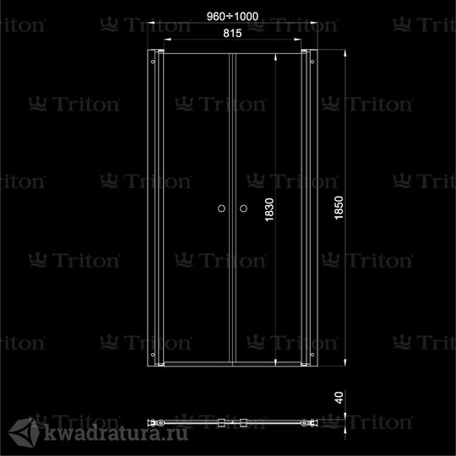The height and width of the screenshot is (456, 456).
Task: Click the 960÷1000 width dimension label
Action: pyautogui.click(x=232, y=16)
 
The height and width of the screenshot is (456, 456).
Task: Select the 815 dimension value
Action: pyautogui.click(x=232, y=34)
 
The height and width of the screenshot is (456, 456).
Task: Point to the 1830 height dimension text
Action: pyautogui.click(x=269, y=209)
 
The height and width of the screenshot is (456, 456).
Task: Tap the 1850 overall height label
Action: pyautogui.click(x=339, y=208)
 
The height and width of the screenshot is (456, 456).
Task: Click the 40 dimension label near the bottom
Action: pyautogui.click(x=339, y=398)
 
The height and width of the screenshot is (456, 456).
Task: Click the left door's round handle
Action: pyautogui.click(x=221, y=209)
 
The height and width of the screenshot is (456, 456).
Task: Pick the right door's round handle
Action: pyautogui.click(x=243, y=209)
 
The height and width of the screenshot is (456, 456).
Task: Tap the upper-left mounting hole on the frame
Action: pyautogui.click(x=153, y=62)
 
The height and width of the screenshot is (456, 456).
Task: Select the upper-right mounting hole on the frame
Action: pyautogui.click(x=312, y=62)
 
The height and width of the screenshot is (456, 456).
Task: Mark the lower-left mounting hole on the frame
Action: pyautogui.click(x=153, y=355)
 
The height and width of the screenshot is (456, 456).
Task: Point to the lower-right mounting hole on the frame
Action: pyautogui.click(x=312, y=355)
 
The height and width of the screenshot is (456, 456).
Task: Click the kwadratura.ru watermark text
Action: pyautogui.click(x=116, y=432)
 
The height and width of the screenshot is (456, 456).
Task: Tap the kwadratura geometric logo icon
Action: pyautogui.click(x=24, y=432)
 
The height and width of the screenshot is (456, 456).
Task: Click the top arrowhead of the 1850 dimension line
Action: pyautogui.click(x=345, y=53)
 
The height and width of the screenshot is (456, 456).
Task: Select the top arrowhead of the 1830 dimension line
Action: pyautogui.click(x=275, y=57)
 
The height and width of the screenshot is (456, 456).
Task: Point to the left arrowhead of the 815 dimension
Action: pyautogui.click(x=167, y=40)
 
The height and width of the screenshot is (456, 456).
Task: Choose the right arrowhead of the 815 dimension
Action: pyautogui.click(x=297, y=40)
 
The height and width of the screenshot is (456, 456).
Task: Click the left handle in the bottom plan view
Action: pyautogui.click(x=221, y=423)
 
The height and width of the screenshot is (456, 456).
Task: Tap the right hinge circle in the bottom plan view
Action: pyautogui.click(x=305, y=423)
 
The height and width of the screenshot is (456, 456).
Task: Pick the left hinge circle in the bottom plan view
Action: pyautogui.click(x=160, y=423)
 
